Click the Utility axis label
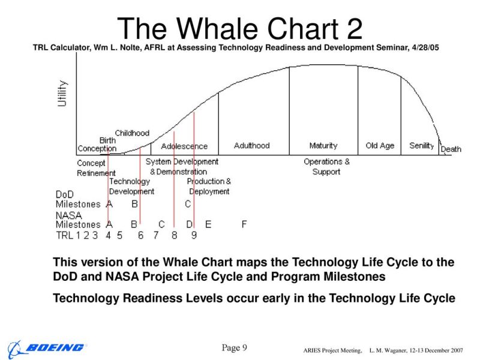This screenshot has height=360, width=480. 62,94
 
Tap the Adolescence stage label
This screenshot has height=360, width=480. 184,146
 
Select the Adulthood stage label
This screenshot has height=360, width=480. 251,145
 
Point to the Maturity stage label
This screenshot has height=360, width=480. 323,145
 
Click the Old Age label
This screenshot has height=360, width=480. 380,146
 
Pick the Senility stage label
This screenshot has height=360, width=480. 422,146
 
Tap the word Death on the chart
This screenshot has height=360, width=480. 451,149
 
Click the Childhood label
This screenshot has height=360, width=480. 132,133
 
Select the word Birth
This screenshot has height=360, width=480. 107,140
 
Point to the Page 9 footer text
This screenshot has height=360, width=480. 234,348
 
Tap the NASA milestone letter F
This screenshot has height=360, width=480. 244,224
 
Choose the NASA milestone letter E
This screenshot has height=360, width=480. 208,224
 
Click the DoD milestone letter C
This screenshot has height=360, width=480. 188,204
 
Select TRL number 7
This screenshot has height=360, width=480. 156,235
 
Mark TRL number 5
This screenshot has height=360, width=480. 119,235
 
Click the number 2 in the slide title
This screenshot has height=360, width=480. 354,29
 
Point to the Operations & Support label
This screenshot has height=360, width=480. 326,167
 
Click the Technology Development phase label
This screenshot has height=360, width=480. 131,187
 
